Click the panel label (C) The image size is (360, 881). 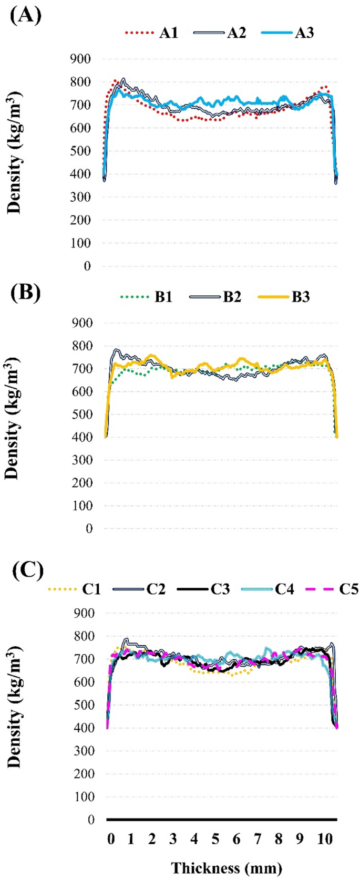(27, 569)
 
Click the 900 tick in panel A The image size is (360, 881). (80, 59)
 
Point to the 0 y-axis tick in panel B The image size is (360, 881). (89, 528)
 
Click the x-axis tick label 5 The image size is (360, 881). (215, 839)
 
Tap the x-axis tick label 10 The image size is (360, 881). (325, 839)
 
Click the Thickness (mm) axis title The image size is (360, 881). (227, 868)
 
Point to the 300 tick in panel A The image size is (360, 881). (80, 197)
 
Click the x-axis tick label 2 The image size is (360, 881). (152, 839)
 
